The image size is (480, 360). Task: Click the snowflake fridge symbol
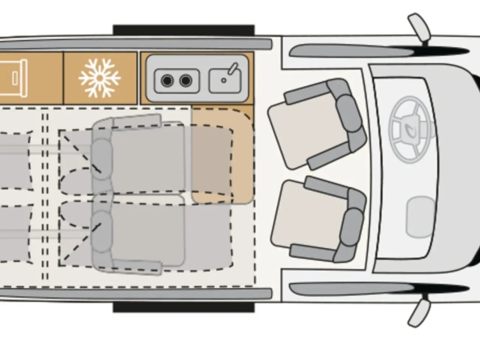pyautogui.click(x=100, y=78)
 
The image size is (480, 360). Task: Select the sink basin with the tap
pyautogui.click(x=225, y=80)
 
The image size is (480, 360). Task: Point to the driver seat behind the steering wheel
pyautogui.click(x=315, y=124)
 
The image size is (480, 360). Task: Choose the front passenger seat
pyautogui.click(x=319, y=219)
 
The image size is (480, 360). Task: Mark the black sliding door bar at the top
pyautogui.click(x=184, y=30)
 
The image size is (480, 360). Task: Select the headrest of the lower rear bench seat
pyautogui.click(x=102, y=225)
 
